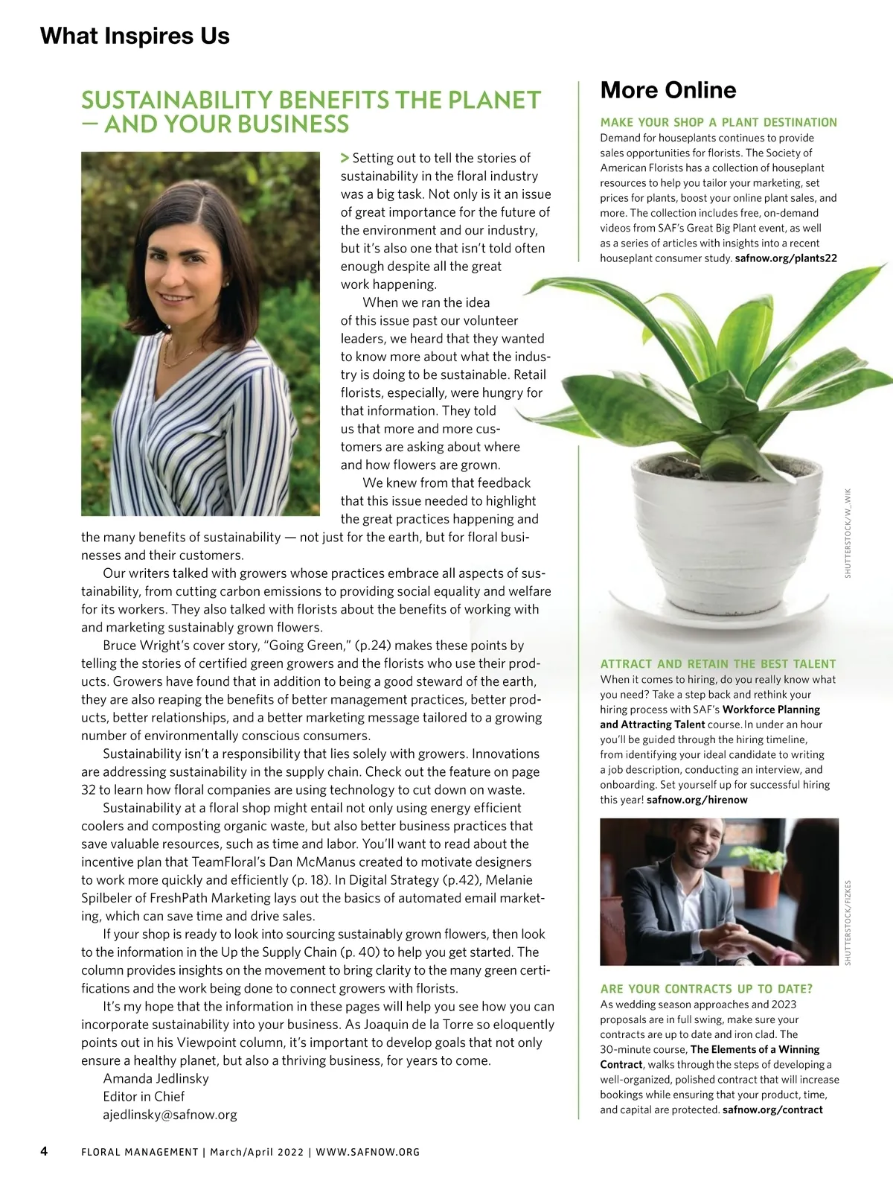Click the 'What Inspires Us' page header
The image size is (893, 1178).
(135, 36)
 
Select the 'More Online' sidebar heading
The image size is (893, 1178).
(668, 90)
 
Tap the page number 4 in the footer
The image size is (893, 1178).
(44, 1151)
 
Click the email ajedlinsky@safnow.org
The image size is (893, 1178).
(170, 1115)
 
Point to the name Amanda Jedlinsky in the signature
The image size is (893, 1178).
(156, 1078)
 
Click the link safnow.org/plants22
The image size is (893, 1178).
(785, 258)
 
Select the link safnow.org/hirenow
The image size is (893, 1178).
(697, 800)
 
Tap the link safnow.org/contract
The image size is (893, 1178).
(772, 1109)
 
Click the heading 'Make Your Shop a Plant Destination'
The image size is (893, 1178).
(718, 122)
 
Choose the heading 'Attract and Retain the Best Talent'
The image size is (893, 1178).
(718, 663)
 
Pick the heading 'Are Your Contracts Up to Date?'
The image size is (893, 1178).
(706, 989)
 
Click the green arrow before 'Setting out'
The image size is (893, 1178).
(345, 158)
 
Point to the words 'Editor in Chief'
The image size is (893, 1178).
(144, 1096)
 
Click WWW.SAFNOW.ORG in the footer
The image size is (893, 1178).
(368, 1152)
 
